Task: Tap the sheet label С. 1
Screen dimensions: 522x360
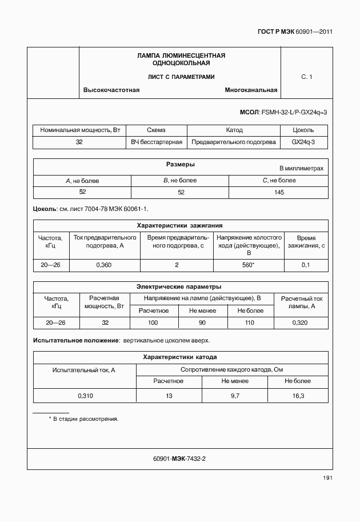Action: (x=306, y=76)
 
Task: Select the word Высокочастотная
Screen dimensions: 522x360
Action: (x=111, y=90)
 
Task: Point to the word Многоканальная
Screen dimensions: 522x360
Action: (x=251, y=90)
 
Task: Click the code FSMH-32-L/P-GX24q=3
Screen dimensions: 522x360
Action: (x=294, y=113)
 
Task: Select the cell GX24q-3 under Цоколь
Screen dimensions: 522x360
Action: (x=303, y=142)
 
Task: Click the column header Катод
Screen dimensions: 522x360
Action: (x=234, y=130)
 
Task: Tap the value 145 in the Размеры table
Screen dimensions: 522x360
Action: (x=278, y=192)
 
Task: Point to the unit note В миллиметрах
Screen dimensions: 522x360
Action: (x=301, y=169)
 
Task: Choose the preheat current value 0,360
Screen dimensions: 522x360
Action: (x=103, y=265)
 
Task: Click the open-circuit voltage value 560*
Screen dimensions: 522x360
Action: (x=248, y=265)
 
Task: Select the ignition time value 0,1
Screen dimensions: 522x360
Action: (x=305, y=265)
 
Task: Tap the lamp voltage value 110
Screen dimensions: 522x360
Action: (x=249, y=323)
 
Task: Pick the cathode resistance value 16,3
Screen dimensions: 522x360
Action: (x=298, y=396)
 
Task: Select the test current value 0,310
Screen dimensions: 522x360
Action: (x=86, y=396)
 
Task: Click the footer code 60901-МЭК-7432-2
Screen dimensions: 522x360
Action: (x=179, y=459)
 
